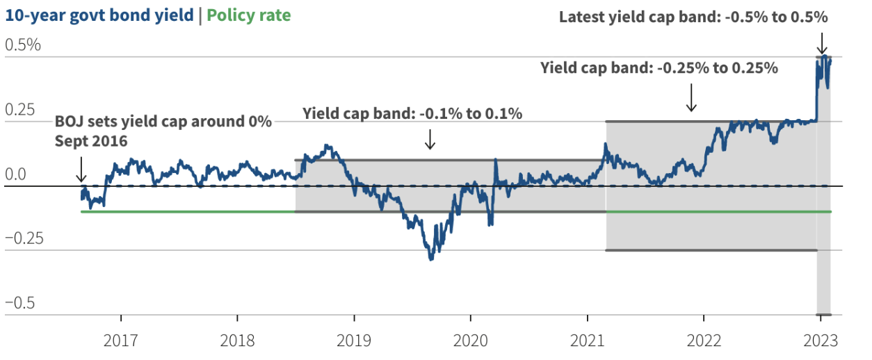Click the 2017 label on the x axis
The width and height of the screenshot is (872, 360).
(121, 342)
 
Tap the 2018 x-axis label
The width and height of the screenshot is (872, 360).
(238, 342)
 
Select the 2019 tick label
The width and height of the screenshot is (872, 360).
(354, 342)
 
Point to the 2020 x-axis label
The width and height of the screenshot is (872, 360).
(470, 342)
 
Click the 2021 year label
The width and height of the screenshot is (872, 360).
(587, 342)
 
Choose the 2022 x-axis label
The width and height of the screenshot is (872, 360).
(704, 342)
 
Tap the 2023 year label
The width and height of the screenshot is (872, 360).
(820, 342)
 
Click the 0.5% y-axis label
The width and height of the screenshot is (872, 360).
(23, 45)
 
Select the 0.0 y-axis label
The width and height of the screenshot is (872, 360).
(17, 174)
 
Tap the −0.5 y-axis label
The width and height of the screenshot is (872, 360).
(21, 303)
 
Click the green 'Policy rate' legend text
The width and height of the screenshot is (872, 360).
(248, 15)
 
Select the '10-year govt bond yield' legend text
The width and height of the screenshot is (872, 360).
(99, 15)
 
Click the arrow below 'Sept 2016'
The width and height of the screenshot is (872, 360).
(81, 169)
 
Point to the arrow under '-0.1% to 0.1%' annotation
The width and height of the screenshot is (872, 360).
(430, 139)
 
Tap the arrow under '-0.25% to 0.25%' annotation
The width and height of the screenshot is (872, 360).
(691, 97)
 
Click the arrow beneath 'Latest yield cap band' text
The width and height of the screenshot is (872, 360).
(822, 42)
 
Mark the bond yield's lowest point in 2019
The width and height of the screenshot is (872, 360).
(431, 259)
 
